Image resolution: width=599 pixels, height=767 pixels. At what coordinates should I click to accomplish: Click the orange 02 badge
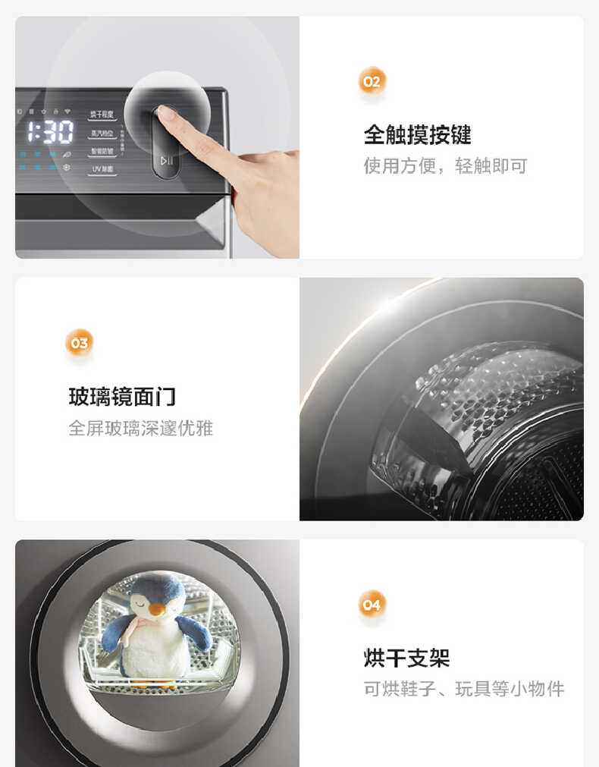point(372,81)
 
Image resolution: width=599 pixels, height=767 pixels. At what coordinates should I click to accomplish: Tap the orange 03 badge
point(79,343)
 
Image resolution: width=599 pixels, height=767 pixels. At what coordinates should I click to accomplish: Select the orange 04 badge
point(372,605)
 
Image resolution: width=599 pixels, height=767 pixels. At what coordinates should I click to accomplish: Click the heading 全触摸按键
point(417,135)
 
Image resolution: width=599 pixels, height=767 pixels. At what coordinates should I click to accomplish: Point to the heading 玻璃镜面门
point(122,396)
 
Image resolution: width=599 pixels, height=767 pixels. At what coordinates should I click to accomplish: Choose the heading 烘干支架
point(406,657)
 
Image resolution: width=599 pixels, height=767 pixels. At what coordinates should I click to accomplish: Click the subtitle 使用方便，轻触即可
point(444,166)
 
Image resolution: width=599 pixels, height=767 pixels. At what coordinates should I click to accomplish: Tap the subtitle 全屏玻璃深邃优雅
point(141,428)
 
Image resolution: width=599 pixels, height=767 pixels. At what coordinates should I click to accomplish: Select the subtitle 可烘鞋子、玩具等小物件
point(464,689)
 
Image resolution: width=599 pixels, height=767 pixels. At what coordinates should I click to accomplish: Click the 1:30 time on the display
point(51,132)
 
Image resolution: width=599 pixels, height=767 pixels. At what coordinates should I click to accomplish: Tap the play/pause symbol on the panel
point(167,160)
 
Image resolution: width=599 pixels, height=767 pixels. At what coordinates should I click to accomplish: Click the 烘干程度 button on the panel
point(102,115)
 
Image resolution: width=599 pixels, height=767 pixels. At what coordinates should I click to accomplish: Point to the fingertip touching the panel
point(165,113)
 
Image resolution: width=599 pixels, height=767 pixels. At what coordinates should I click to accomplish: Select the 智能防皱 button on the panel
point(102,151)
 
